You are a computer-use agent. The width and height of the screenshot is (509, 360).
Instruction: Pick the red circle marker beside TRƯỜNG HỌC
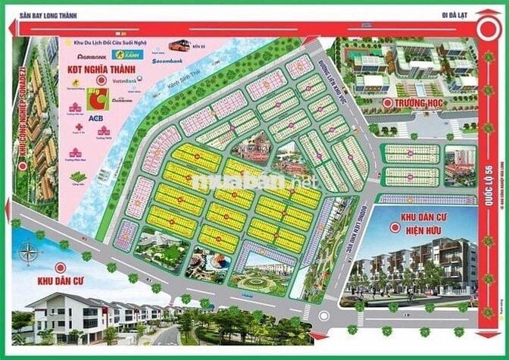click(x=388, y=102)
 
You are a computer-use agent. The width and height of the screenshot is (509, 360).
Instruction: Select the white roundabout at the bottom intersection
click(x=327, y=321)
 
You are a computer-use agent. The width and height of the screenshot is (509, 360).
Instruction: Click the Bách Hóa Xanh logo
click(x=123, y=55)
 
